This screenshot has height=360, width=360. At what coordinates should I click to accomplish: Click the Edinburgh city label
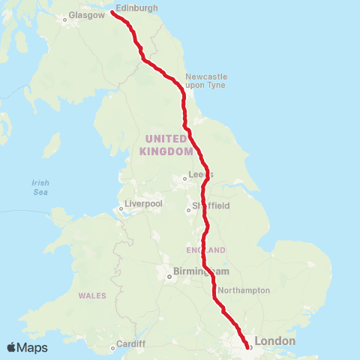(x=137, y=7)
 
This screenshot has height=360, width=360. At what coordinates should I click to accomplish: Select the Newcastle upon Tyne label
(x=206, y=81)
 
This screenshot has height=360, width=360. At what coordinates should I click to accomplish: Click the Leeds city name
(x=201, y=175)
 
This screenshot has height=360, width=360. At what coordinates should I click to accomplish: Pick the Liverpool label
(x=145, y=204)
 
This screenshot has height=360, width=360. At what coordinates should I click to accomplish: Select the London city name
(x=275, y=341)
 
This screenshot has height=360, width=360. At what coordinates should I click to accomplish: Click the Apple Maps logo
(x=27, y=347)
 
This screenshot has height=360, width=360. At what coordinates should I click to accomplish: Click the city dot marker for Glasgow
(x=65, y=19)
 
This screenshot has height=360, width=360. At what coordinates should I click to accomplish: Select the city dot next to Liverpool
(x=121, y=209)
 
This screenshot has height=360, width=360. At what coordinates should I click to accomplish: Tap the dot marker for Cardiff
(x=113, y=347)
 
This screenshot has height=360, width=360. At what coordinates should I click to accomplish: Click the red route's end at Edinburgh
(x=112, y=12)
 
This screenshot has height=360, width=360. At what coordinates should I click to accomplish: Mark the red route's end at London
(x=248, y=346)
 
